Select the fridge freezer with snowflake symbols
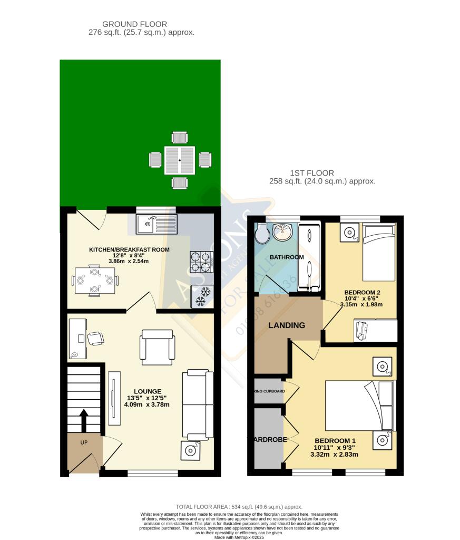pyautogui.click(x=202, y=296)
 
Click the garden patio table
pyautogui.click(x=180, y=160)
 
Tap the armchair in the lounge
pyautogui.click(x=156, y=346)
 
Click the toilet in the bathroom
pyautogui.click(x=262, y=233)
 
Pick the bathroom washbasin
pyautogui.click(x=283, y=232)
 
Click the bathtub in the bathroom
pyautogui.click(x=308, y=257)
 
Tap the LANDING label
pyautogui.click(x=287, y=325)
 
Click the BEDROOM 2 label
pyautogui.click(x=362, y=292)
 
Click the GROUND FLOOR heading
pyautogui.click(x=134, y=24)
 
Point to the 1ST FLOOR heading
pyautogui.click(x=311, y=173)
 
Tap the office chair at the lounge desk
pyautogui.click(x=95, y=338)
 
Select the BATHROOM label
pyautogui.click(x=287, y=257)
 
